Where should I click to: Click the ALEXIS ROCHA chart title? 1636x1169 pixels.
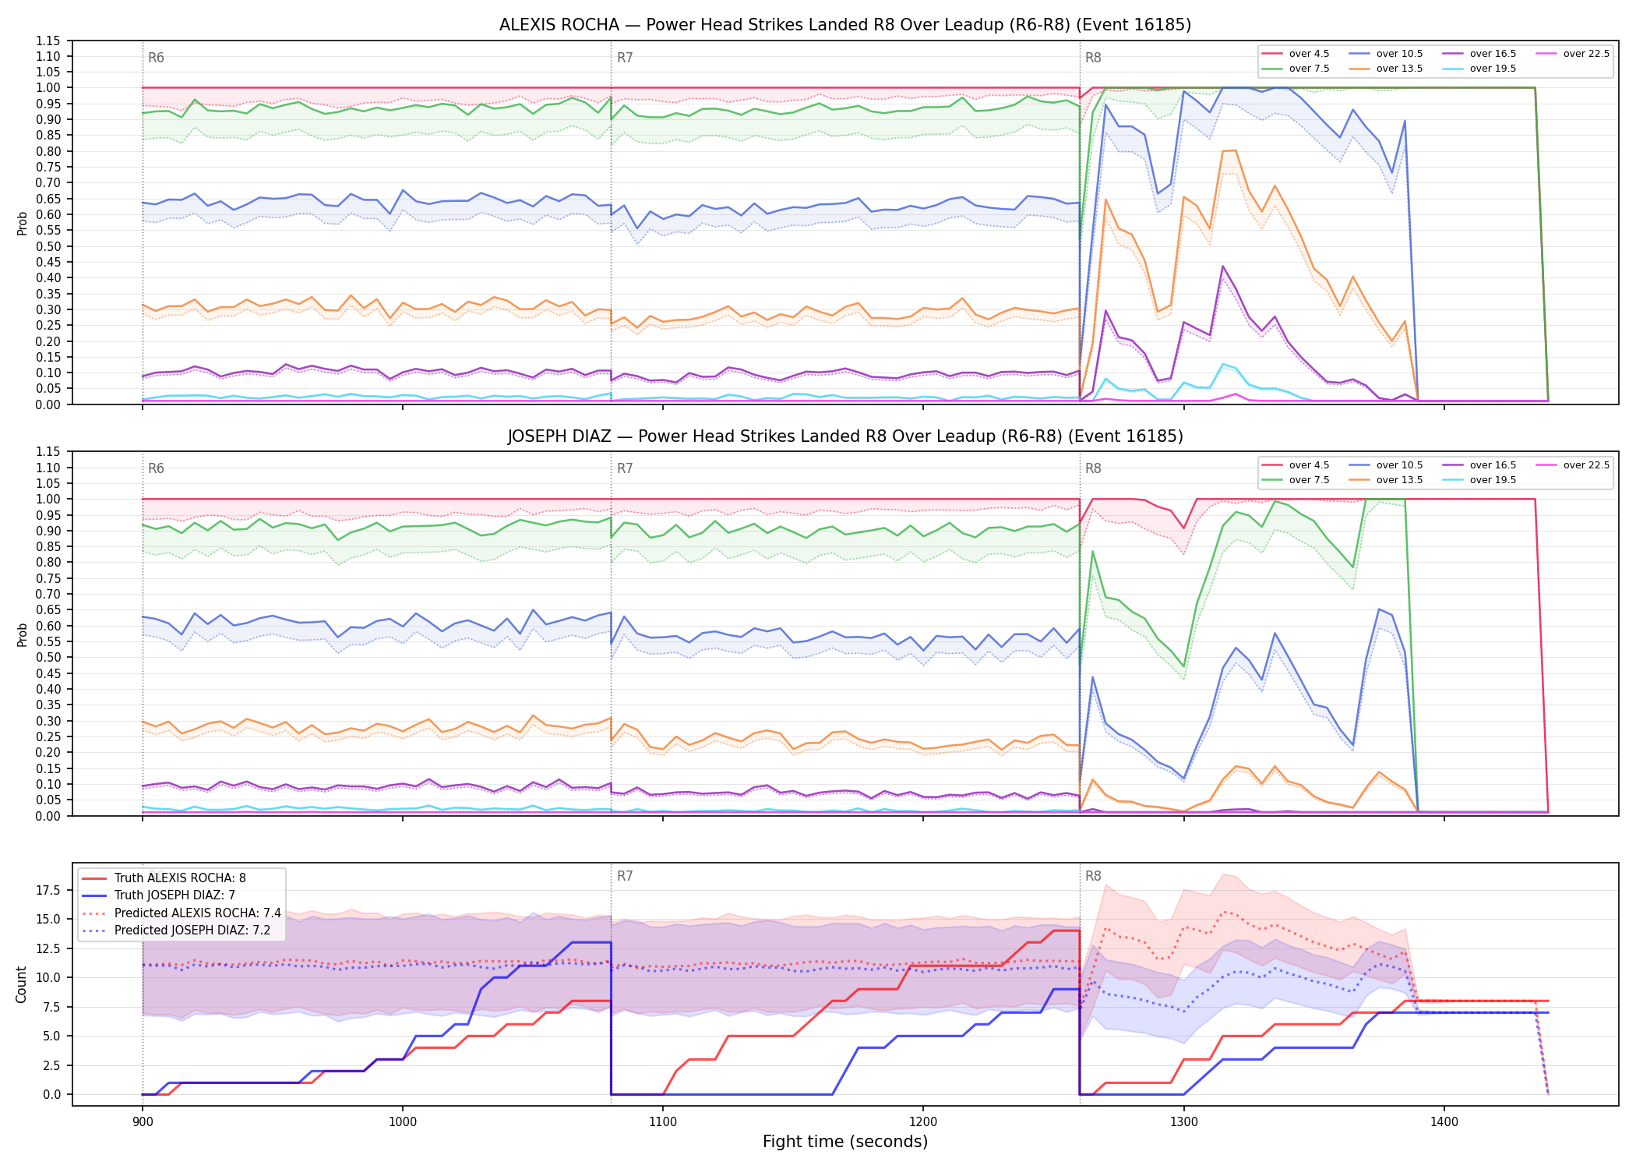pyautogui.click(x=845, y=25)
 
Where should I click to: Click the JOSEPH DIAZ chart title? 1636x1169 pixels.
pyautogui.click(x=845, y=436)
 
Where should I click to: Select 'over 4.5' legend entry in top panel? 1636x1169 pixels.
pyautogui.click(x=1296, y=54)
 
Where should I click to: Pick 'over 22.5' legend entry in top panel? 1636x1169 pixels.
pyautogui.click(x=1572, y=54)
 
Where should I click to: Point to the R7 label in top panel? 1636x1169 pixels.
pyautogui.click(x=625, y=58)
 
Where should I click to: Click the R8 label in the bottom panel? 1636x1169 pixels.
pyautogui.click(x=1093, y=876)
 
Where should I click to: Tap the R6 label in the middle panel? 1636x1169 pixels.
pyautogui.click(x=156, y=468)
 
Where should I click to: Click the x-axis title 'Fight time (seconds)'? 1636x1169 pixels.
pyautogui.click(x=845, y=1142)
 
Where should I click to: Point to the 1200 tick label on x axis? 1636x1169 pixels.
pyautogui.click(x=923, y=1122)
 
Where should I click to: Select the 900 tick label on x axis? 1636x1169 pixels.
pyautogui.click(x=142, y=1122)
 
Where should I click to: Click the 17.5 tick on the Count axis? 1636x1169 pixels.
pyautogui.click(x=50, y=890)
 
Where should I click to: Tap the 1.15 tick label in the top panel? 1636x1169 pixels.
pyautogui.click(x=48, y=41)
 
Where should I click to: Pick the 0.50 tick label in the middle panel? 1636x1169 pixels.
pyautogui.click(x=48, y=657)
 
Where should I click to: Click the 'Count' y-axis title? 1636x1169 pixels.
pyautogui.click(x=21, y=984)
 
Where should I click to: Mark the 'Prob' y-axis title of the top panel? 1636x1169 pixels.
pyautogui.click(x=23, y=223)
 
